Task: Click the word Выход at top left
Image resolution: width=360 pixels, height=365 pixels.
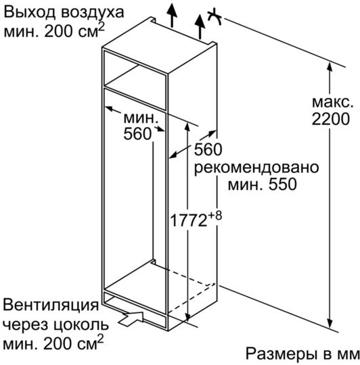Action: pos(30,12)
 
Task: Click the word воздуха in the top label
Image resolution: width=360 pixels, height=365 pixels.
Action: pos(93,14)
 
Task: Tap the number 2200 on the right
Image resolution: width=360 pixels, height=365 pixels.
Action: pos(331,119)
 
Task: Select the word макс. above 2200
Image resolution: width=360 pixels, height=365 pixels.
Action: pos(332,103)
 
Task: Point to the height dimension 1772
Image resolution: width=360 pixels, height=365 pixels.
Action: pos(189,220)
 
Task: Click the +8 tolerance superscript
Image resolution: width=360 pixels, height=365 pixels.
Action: pos(215,216)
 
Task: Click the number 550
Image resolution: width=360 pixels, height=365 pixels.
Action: pos(282,185)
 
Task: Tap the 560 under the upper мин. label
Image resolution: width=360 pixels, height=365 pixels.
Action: pos(137,134)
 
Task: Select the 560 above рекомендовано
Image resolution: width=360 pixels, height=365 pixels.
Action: pos(208,149)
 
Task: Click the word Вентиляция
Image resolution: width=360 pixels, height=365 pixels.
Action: pos(51,305)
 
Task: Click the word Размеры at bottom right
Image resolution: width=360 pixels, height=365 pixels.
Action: pos(282,355)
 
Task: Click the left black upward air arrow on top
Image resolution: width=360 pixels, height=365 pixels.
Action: pos(172,16)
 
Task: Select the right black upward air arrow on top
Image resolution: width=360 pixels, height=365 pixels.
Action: pos(200,26)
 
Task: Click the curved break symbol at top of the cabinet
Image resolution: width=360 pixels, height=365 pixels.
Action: pos(215,17)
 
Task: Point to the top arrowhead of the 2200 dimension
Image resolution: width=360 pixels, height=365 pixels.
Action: pos(330,67)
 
